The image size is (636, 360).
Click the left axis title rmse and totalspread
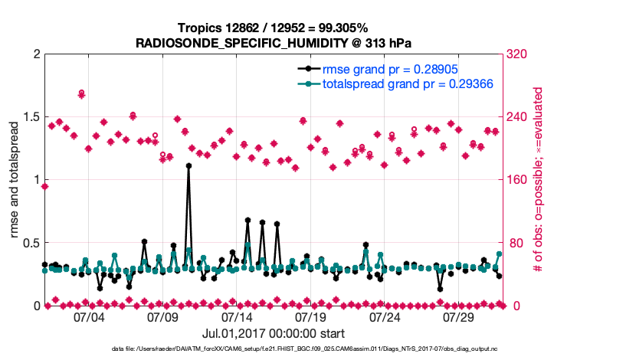(14, 180)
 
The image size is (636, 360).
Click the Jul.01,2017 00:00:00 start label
(273, 333)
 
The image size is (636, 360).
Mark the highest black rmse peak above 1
(189, 165)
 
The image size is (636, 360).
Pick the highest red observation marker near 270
(81, 93)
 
